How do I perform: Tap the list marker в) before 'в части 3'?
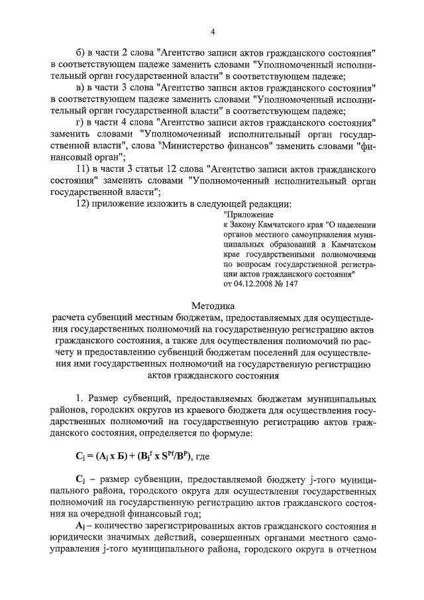pyautogui.click(x=82, y=88)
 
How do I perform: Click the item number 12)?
pyautogui.click(x=84, y=204)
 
